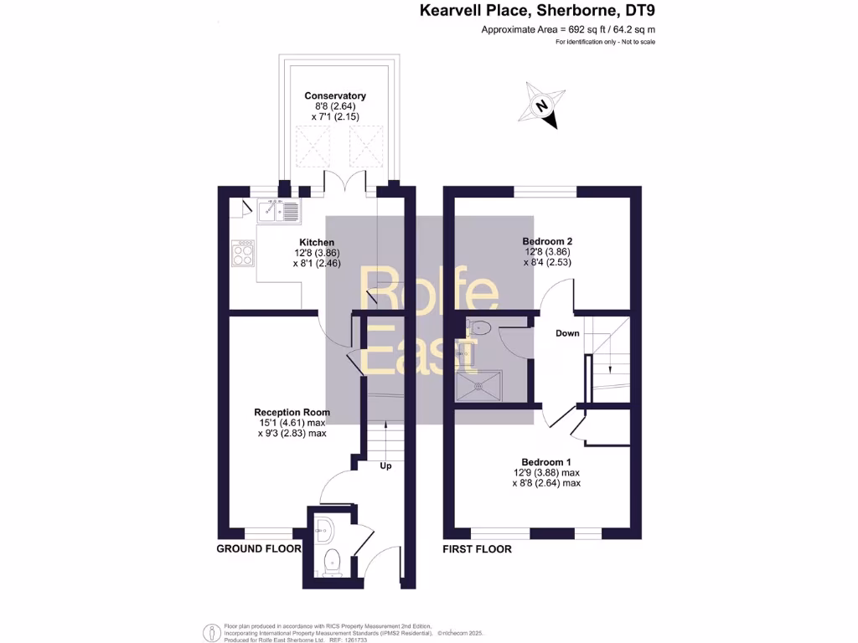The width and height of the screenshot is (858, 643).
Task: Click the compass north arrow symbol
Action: click(x=541, y=107)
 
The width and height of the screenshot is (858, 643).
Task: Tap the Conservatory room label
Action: click(x=334, y=96)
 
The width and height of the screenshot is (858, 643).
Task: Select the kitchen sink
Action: click(x=280, y=213)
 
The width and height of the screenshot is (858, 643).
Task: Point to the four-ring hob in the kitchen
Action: click(x=243, y=253)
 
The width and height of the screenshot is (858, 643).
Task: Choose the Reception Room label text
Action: click(x=292, y=412)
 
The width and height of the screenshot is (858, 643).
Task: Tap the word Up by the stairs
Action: click(x=386, y=466)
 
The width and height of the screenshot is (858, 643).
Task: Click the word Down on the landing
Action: click(x=567, y=333)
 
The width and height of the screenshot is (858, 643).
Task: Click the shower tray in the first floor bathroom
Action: click(x=478, y=387)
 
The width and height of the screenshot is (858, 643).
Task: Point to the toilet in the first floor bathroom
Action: click(x=478, y=328)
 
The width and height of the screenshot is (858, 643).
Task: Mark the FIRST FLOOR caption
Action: click(x=477, y=549)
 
